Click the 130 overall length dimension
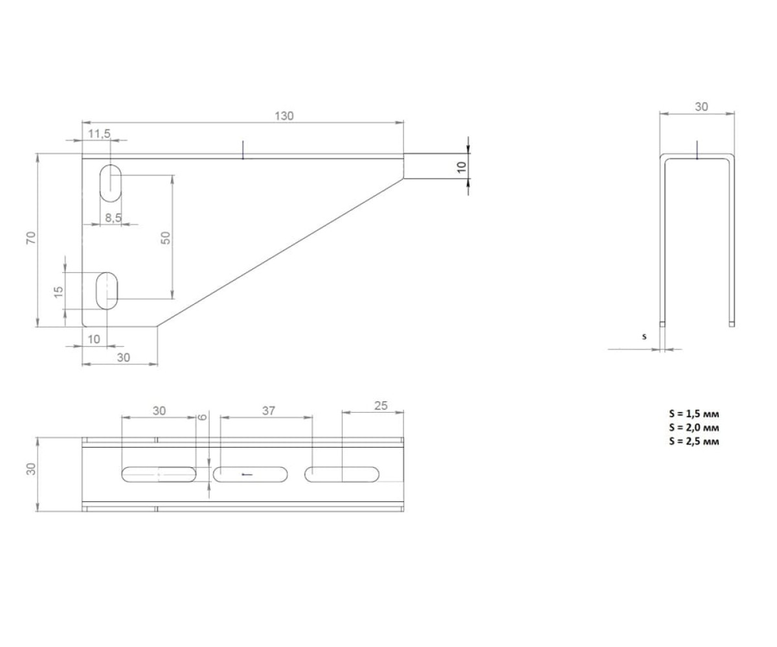(284, 116)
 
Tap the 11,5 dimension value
(99, 133)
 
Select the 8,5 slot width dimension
(113, 217)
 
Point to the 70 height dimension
(31, 237)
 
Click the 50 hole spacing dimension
(166, 237)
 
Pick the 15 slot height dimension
(58, 292)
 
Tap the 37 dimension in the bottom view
(268, 410)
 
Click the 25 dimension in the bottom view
(381, 405)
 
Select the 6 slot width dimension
(203, 417)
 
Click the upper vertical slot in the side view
(110, 183)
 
